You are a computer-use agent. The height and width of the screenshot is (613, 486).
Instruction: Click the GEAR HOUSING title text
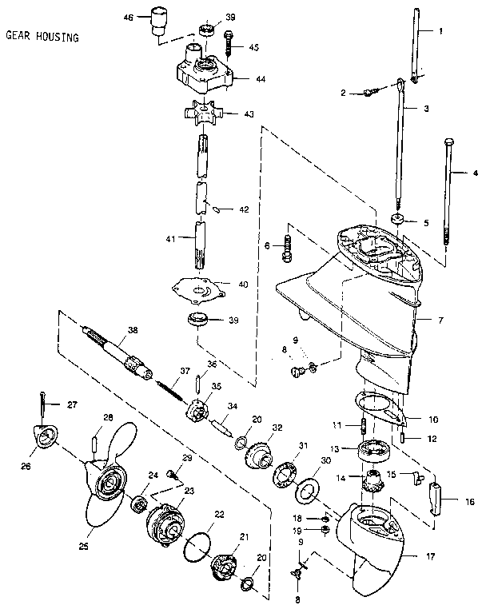point(42,36)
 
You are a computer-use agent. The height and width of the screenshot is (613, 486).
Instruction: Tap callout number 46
point(129,16)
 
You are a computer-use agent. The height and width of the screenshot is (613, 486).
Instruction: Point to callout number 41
point(169,237)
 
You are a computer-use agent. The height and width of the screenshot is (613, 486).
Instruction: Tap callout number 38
point(132,329)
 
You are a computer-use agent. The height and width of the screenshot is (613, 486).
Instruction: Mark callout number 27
point(72,404)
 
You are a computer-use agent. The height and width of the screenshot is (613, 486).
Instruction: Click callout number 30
point(325,460)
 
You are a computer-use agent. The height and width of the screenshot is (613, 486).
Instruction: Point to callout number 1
point(439,31)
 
